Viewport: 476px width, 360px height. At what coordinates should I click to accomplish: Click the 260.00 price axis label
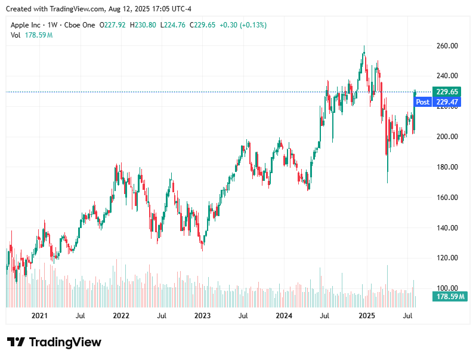[447, 46]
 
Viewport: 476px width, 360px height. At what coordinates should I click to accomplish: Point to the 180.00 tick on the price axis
[447, 167]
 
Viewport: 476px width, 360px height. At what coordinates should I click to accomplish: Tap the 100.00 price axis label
[447, 288]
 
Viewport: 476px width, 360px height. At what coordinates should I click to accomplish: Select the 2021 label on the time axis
[39, 315]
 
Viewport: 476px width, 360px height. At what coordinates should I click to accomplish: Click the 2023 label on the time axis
[202, 315]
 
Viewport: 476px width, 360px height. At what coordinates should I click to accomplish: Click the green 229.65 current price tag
[447, 92]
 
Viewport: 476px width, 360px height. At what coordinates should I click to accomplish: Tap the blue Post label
[422, 102]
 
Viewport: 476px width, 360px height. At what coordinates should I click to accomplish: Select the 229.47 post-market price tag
[447, 102]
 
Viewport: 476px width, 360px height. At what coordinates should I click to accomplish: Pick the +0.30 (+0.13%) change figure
[243, 25]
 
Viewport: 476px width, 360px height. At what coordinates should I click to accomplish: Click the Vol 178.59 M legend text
[32, 35]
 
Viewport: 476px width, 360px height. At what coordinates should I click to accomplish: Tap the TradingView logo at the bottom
[54, 342]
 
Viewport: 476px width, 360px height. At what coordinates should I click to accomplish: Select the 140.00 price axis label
[447, 228]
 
